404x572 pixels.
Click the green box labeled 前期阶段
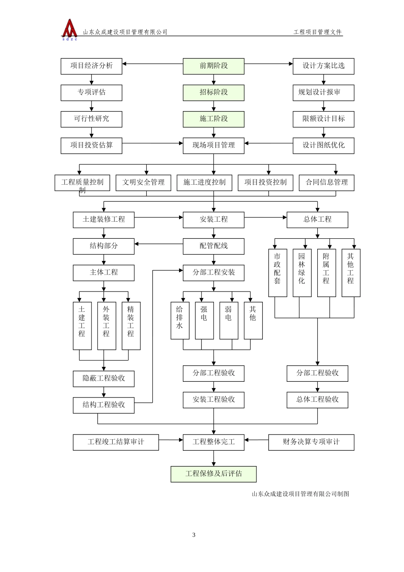[x=213, y=66]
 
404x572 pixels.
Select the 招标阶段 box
[x=213, y=92]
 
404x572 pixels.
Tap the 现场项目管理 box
[x=213, y=145]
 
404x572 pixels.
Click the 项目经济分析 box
[x=91, y=66]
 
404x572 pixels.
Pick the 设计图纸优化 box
[x=323, y=145]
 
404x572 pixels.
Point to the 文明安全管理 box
[x=143, y=183]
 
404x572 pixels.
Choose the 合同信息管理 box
[x=327, y=183]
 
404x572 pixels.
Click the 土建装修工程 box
[x=104, y=220]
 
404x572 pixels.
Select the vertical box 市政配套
[x=277, y=272]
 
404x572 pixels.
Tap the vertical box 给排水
[x=180, y=320]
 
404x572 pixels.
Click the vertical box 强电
[x=204, y=320]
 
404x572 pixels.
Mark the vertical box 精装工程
[x=131, y=326]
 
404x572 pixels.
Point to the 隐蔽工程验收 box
[x=104, y=378]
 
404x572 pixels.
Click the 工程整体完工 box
[x=213, y=442]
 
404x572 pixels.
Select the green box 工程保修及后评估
[x=213, y=474]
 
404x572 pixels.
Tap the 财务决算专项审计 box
[x=311, y=442]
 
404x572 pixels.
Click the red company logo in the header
[x=69, y=29]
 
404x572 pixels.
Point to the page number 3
[x=194, y=535]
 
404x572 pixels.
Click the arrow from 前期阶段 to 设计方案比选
[x=268, y=64]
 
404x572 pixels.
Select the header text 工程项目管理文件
[x=318, y=32]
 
